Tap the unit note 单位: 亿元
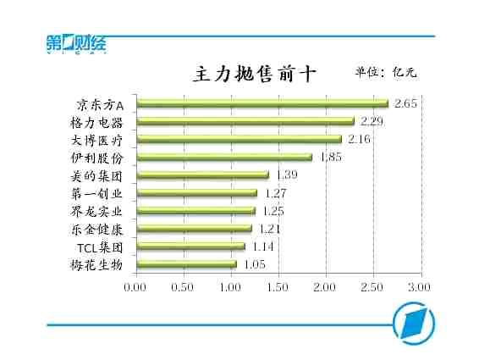(x=386, y=72)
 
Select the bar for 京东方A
(x=262, y=103)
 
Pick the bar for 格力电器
(x=245, y=121)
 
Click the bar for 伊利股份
(x=223, y=157)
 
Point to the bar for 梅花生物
(x=185, y=264)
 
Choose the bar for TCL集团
(x=190, y=246)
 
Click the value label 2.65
(x=406, y=103)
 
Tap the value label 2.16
(x=360, y=139)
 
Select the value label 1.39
(x=287, y=174)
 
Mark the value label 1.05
(x=255, y=264)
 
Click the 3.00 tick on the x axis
(x=421, y=288)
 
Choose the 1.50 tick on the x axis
(x=278, y=288)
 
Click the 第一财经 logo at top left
(x=76, y=44)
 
